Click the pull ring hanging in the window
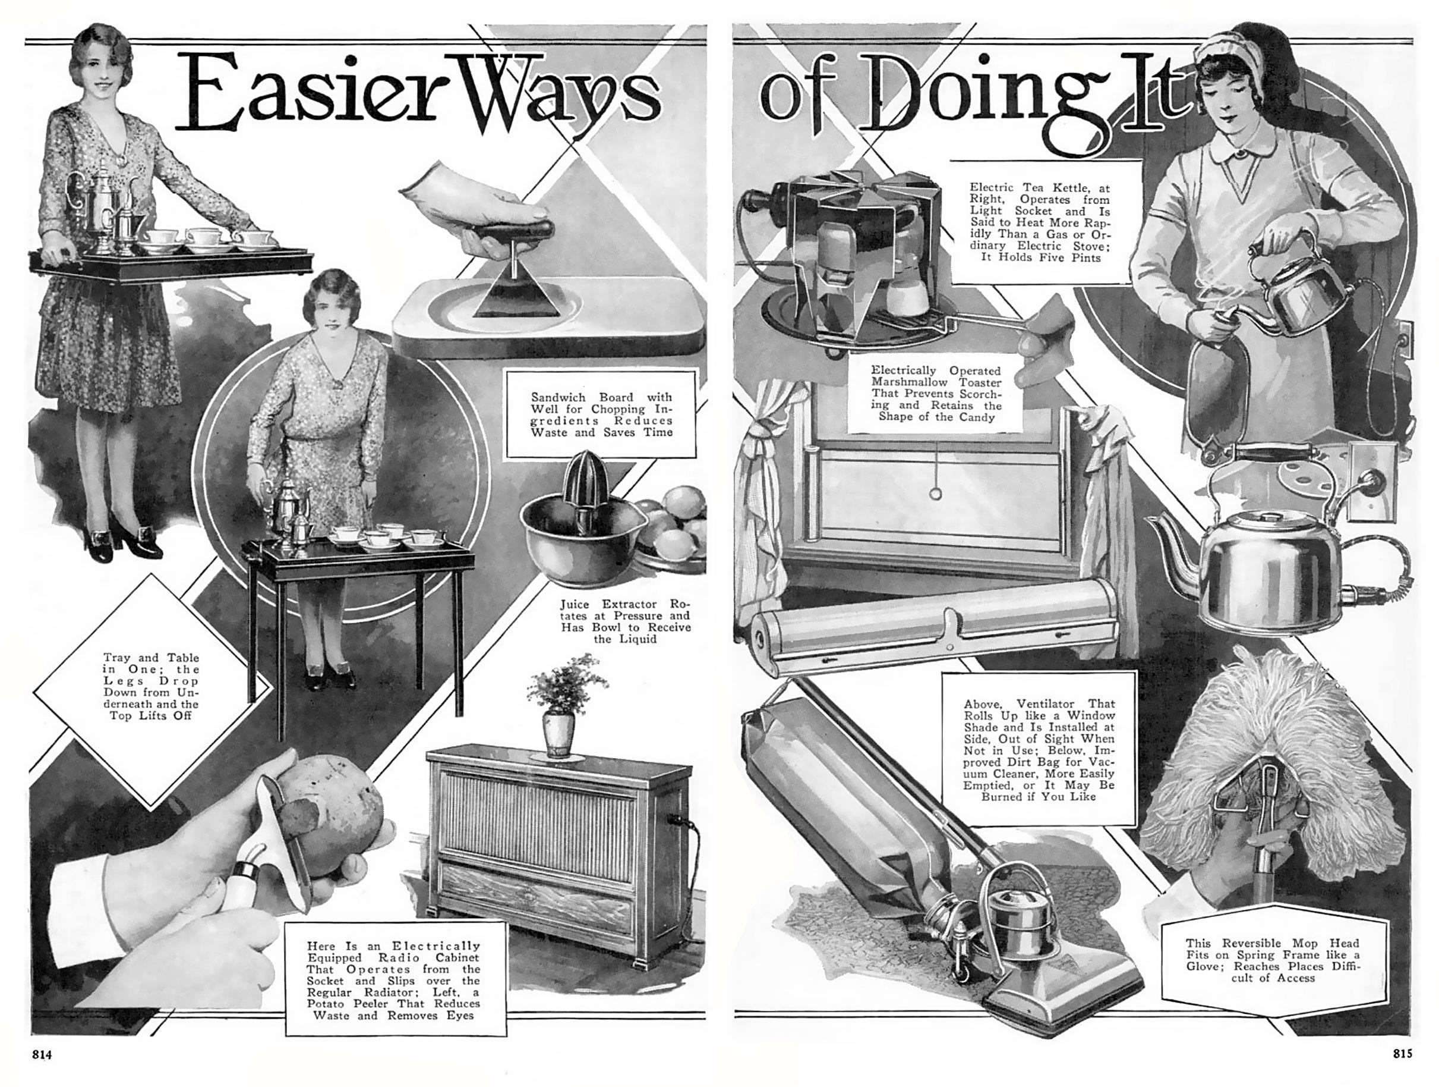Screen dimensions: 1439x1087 938,492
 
